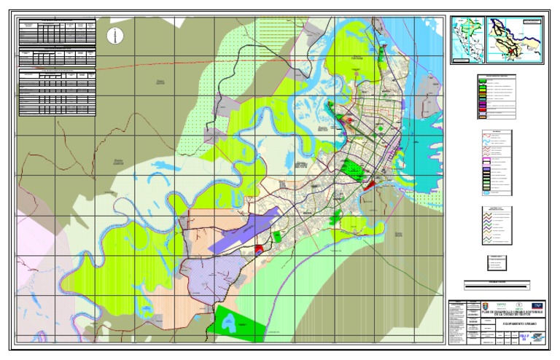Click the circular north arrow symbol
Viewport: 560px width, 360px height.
(x=114, y=35)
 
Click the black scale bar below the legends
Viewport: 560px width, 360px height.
(x=497, y=286)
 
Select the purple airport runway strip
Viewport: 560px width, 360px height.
(x=244, y=230)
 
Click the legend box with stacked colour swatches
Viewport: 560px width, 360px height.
(x=497, y=97)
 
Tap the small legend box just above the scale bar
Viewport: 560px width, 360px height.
(x=497, y=264)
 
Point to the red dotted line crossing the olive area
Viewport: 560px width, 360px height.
(x=182, y=66)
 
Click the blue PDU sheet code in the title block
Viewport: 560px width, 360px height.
(x=520, y=337)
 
